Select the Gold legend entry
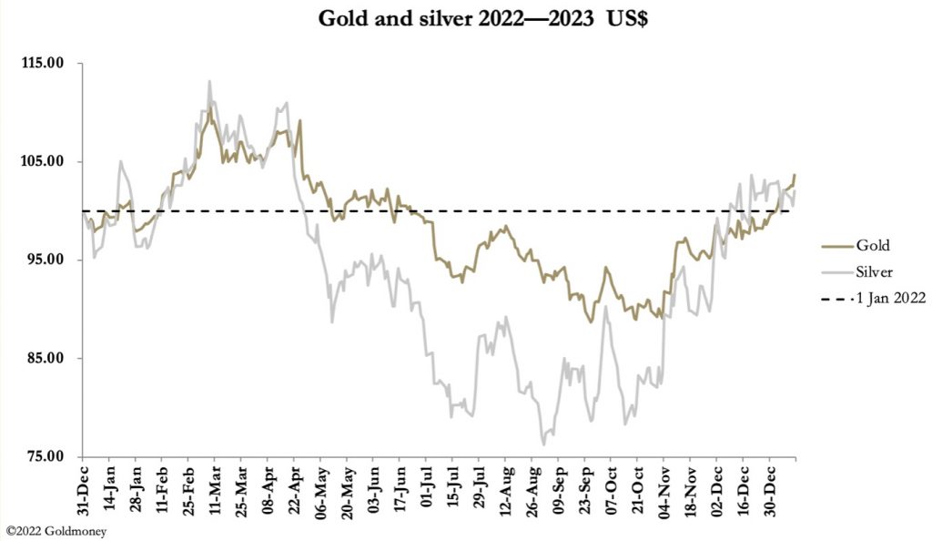pos(872,245)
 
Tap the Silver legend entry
pos(875,271)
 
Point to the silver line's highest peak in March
pos(209,81)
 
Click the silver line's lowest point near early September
pos(543,444)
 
